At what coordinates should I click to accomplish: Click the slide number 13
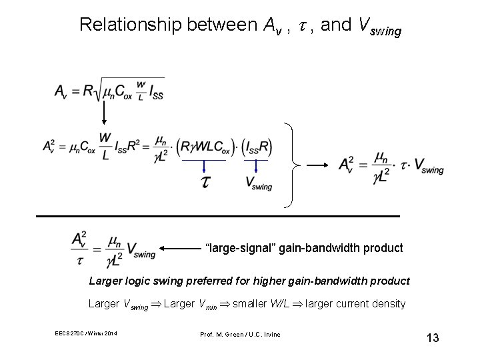(433, 338)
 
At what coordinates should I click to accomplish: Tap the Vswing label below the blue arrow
(259, 183)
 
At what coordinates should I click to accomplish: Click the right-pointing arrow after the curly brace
(319, 164)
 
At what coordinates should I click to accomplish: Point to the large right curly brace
(292, 164)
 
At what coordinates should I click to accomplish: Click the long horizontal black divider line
(217, 217)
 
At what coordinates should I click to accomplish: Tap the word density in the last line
(387, 303)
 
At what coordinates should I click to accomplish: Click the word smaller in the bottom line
(253, 303)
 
